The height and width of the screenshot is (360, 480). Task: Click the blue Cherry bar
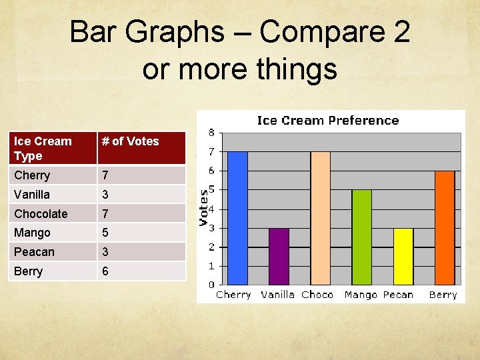(238, 218)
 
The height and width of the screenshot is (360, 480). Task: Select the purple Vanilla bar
(279, 257)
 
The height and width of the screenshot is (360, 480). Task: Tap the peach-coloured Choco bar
(320, 218)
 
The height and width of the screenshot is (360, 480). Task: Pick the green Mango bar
(361, 237)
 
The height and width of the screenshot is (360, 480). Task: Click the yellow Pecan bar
(403, 257)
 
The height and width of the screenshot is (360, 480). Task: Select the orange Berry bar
(444, 228)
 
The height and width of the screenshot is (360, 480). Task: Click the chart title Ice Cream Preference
(328, 121)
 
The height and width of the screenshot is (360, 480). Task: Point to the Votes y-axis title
(205, 206)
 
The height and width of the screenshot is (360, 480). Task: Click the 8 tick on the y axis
(211, 132)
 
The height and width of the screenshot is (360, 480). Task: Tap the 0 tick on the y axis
(211, 285)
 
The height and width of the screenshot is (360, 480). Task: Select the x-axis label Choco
(317, 295)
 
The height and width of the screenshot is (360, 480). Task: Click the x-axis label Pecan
(398, 295)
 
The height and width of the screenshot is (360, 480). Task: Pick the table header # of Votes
(130, 141)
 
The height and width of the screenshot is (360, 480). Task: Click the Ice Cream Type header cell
(43, 148)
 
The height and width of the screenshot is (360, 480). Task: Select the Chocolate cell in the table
(41, 214)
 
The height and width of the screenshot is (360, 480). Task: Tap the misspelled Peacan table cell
(34, 252)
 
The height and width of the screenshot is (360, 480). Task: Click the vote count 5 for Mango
(105, 233)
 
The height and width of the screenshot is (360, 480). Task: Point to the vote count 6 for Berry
(105, 271)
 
